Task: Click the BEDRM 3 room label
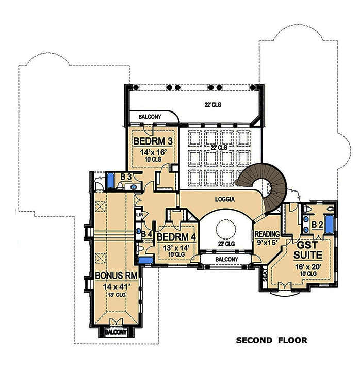pyautogui.click(x=153, y=141)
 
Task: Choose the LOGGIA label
pyautogui.click(x=225, y=198)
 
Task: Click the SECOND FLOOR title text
pyautogui.click(x=271, y=340)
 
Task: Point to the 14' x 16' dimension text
pyautogui.click(x=153, y=153)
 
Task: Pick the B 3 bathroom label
pyautogui.click(x=125, y=177)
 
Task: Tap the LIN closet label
pyautogui.click(x=139, y=214)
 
